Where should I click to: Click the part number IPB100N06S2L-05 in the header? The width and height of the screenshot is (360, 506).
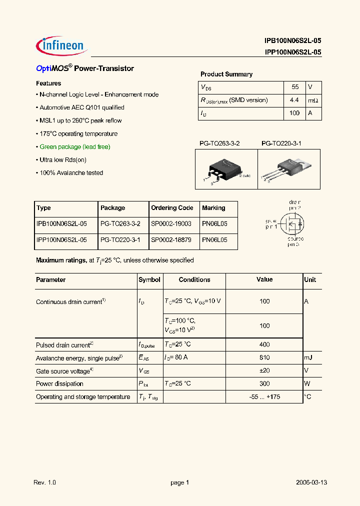[293, 41]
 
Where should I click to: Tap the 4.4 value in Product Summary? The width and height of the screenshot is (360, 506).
[294, 100]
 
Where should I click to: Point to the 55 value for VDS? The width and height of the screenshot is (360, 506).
[295, 87]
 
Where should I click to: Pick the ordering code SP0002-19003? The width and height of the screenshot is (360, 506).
[171, 224]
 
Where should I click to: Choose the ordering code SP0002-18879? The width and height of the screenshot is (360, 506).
[171, 240]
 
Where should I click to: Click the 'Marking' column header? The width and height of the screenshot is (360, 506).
[213, 208]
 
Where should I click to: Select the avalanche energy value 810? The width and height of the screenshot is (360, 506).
[264, 358]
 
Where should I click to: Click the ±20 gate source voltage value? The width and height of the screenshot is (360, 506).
[264, 371]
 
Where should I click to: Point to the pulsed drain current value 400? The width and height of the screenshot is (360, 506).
[264, 344]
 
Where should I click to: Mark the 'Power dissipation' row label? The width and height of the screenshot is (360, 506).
[59, 384]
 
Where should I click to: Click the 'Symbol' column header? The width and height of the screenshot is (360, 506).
[149, 280]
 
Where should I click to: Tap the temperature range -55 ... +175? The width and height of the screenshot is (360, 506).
[264, 397]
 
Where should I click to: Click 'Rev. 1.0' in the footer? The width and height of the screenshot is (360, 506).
[45, 482]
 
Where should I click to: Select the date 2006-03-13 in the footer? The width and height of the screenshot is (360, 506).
[311, 482]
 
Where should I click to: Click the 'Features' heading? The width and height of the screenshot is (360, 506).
[48, 83]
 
